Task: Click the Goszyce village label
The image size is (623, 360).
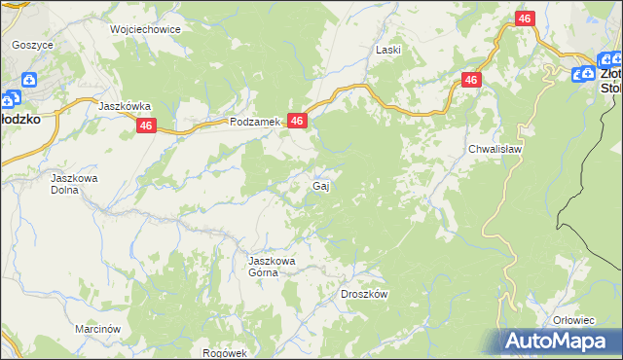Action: [x=32, y=45]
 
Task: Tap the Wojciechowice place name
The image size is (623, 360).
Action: [x=146, y=29]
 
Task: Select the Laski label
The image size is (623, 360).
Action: [x=389, y=49]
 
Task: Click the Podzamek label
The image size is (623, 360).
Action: [x=255, y=122]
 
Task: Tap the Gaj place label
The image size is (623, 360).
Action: [x=319, y=185]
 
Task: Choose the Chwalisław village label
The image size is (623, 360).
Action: [x=496, y=149]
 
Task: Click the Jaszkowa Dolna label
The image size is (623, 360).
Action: [x=76, y=184]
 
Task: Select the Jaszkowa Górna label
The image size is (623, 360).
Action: [x=271, y=267]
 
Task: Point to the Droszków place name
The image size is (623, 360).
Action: [x=365, y=294]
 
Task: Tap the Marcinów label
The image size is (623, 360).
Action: [x=97, y=329]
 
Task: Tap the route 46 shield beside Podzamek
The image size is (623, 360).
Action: [x=298, y=121]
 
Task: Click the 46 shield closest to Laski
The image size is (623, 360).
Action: [x=472, y=81]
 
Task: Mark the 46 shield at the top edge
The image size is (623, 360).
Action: [x=525, y=18]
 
